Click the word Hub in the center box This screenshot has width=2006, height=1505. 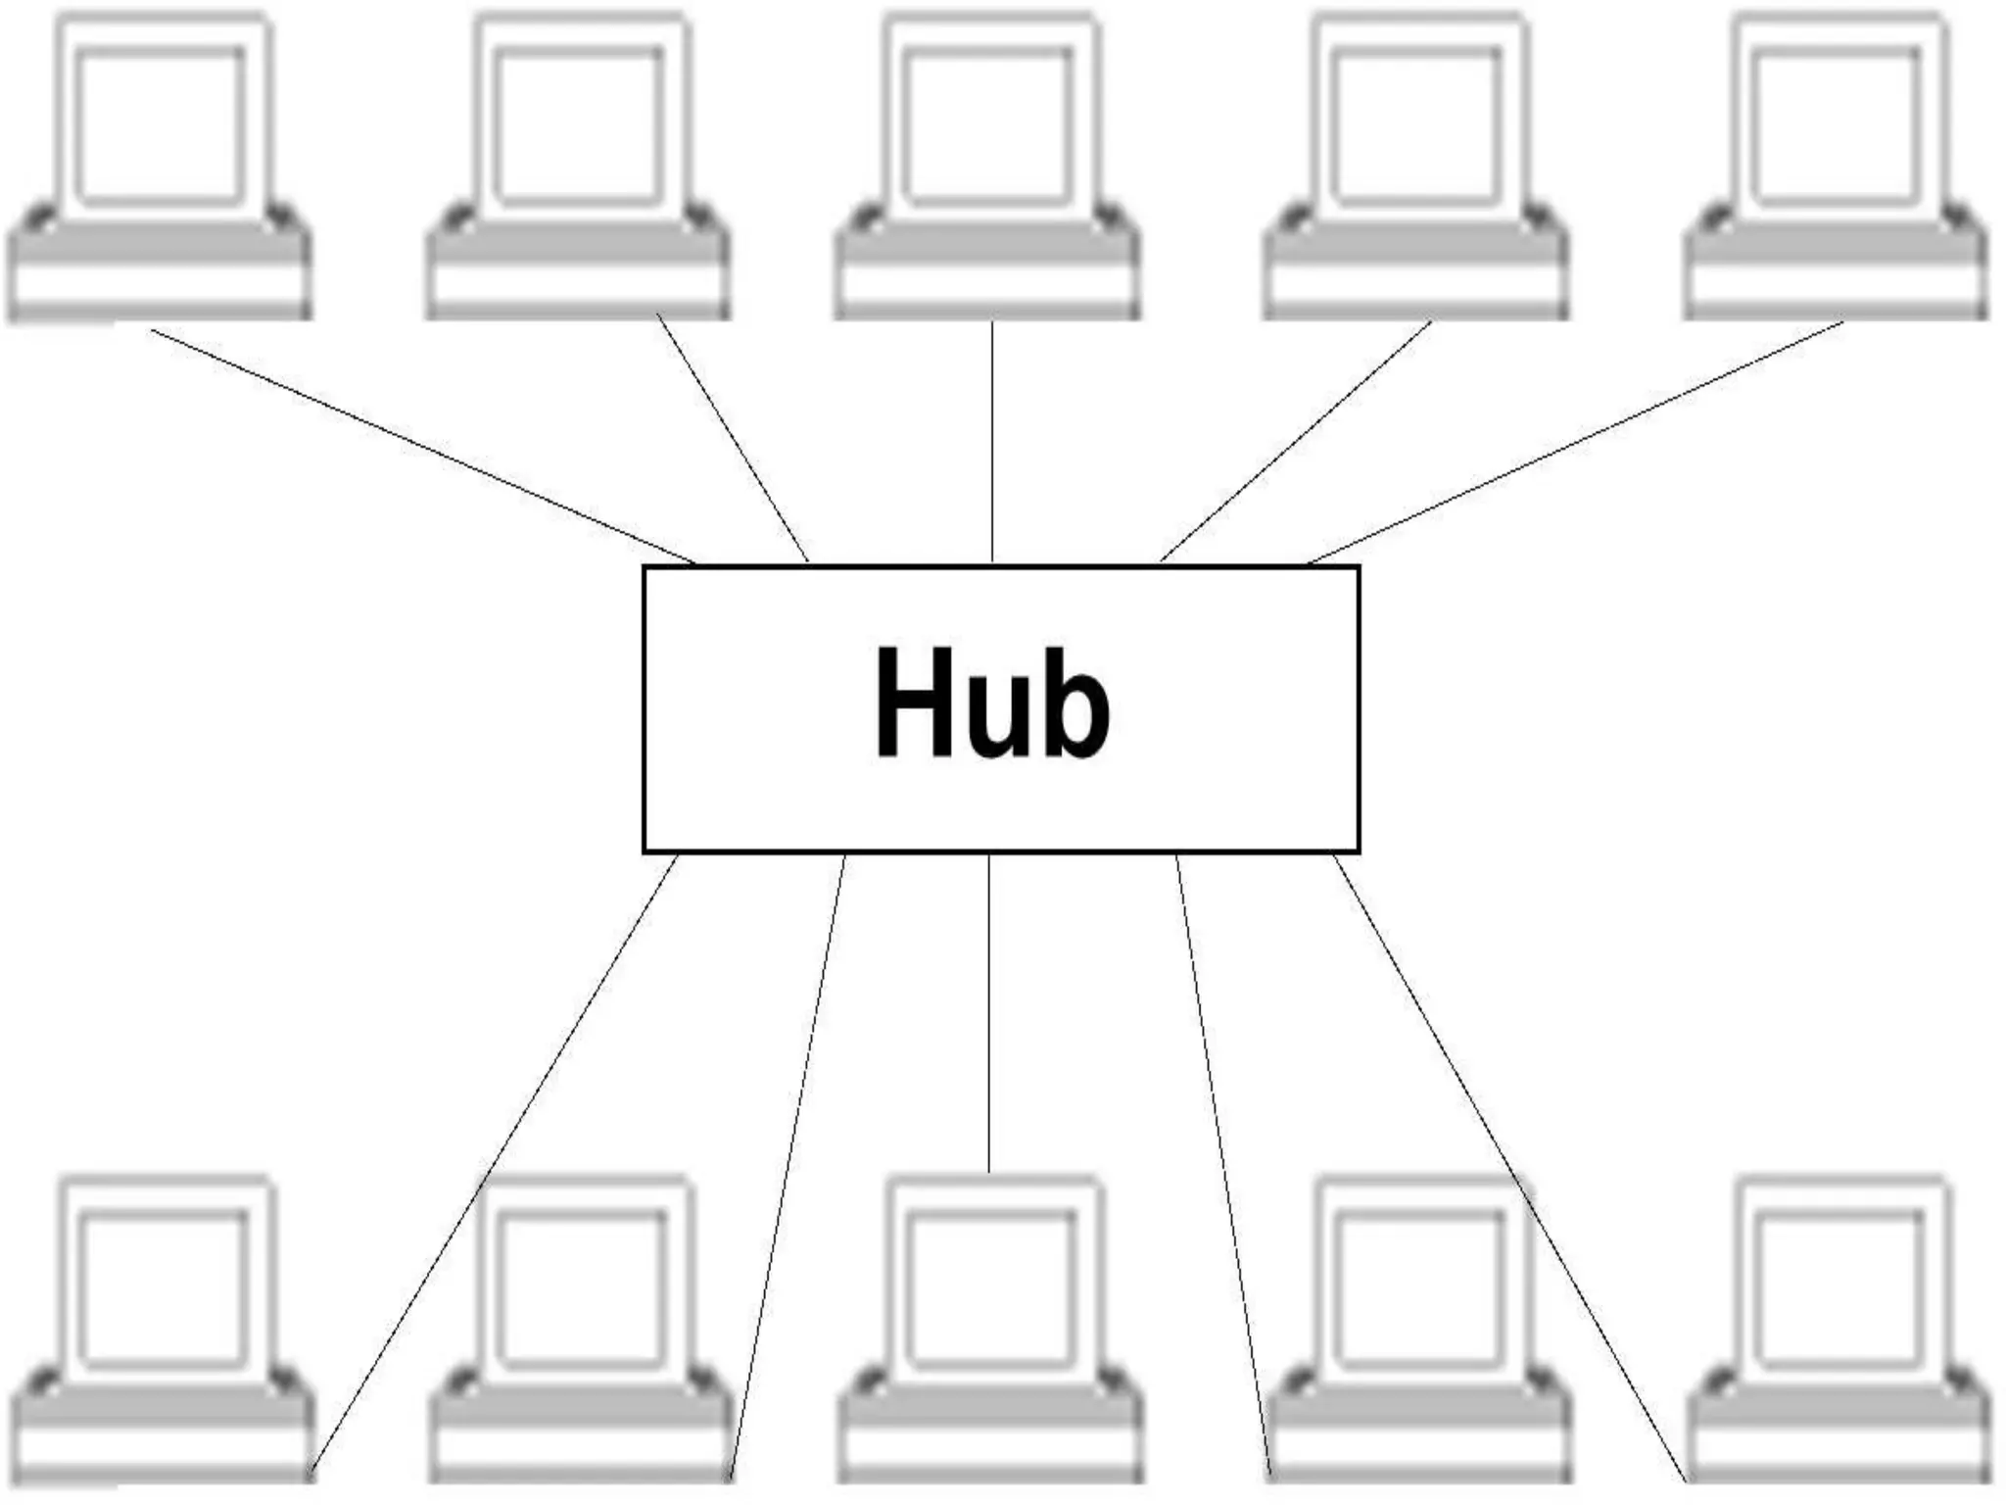(992, 703)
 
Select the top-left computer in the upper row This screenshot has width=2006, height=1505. (160, 167)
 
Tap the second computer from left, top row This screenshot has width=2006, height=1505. (578, 167)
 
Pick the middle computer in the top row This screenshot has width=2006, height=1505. (987, 167)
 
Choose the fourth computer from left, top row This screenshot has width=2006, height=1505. (1415, 167)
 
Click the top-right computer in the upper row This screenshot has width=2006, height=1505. (1836, 167)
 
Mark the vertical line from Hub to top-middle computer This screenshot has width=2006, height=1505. (992, 441)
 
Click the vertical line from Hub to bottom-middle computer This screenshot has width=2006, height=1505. (989, 1009)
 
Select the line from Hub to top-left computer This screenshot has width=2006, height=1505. (421, 447)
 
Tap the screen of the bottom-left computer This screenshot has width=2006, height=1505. (163, 1287)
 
